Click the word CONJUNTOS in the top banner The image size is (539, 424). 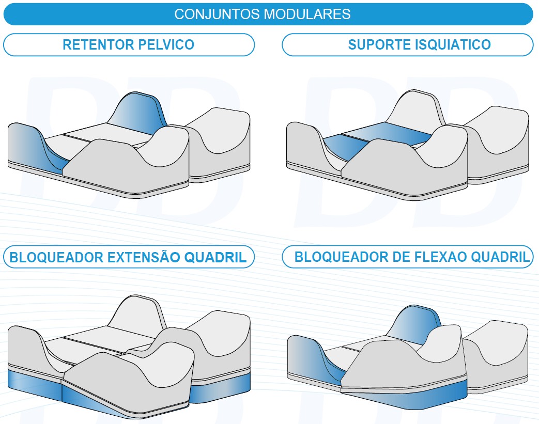pos(217,14)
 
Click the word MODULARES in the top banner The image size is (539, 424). pos(307,14)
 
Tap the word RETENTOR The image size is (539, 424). pos(98,44)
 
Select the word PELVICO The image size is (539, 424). pos(166,44)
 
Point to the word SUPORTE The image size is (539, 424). pos(379,44)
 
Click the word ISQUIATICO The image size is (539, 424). pos(453,44)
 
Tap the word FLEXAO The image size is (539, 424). pos(441,257)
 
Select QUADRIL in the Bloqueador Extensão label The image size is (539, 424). pos(215,257)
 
